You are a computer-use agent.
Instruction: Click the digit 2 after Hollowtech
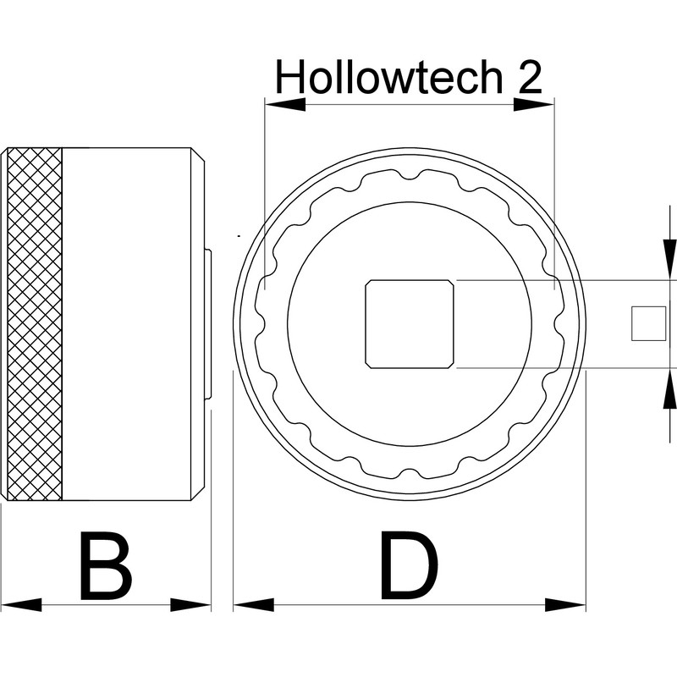[x=530, y=77]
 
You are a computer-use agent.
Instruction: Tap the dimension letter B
[x=106, y=566]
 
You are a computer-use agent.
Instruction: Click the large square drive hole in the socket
[x=410, y=324]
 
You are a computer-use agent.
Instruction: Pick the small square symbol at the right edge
[x=648, y=323]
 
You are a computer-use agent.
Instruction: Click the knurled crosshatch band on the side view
[x=35, y=324]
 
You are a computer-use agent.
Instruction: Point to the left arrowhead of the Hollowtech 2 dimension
[x=285, y=104]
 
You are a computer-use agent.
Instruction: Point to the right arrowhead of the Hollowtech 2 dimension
[x=534, y=104]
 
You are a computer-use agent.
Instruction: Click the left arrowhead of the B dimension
[x=21, y=605]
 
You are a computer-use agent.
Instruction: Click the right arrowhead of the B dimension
[x=190, y=605]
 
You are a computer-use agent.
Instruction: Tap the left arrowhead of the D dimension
[x=254, y=605]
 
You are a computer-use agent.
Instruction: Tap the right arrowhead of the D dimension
[x=565, y=605]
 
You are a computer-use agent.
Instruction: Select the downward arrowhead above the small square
[x=670, y=259]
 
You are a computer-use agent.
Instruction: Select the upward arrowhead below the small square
[x=670, y=390]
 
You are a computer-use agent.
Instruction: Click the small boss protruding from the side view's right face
[x=207, y=324]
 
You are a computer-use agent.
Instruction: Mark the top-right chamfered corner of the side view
[x=198, y=155]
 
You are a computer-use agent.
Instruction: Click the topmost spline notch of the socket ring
[x=410, y=175]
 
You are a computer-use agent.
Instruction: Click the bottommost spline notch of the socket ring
[x=410, y=473]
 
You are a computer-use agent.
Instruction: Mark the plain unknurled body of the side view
[x=127, y=324]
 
